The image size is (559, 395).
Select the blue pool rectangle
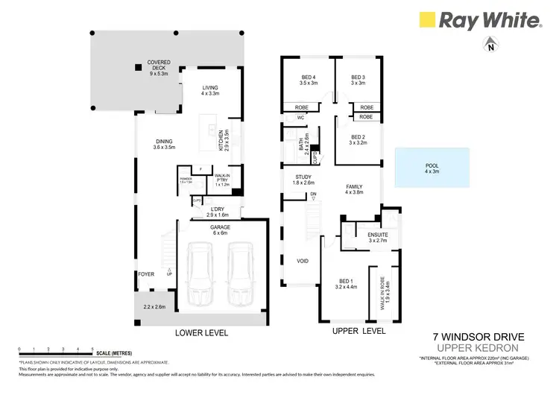432,167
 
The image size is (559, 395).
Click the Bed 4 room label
309,80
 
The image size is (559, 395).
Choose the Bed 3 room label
358,80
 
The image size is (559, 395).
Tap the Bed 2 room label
358,139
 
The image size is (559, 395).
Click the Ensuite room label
378,237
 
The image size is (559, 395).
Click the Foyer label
146,274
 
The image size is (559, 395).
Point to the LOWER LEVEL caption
201,332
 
